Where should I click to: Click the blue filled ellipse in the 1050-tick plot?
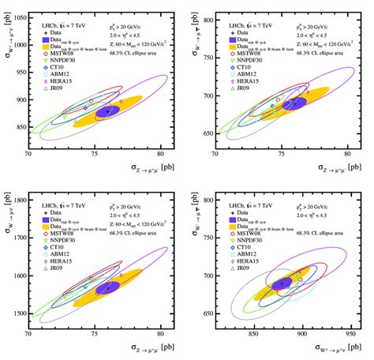click(107, 111)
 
